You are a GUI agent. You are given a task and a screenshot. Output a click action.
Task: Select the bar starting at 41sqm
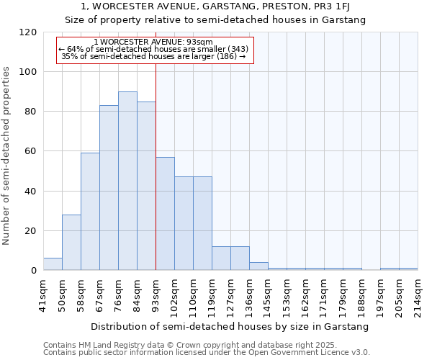point(53,264)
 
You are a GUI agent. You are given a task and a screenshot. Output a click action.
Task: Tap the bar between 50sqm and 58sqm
point(71,243)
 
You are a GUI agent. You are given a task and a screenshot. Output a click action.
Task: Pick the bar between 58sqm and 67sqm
point(90,212)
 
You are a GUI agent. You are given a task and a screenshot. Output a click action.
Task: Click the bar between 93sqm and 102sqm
point(165,214)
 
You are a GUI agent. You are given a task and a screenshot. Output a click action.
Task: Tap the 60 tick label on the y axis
point(30,151)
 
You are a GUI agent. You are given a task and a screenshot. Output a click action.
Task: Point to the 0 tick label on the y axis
point(33,271)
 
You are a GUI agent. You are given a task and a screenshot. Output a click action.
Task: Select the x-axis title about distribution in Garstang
point(230,326)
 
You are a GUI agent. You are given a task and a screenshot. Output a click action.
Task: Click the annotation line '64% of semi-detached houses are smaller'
point(154,49)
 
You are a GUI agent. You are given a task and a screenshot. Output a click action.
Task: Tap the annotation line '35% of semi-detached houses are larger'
point(154,56)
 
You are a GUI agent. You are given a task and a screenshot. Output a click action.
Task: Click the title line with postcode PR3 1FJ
point(215,6)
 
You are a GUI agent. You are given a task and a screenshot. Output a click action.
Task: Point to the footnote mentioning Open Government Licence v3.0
point(207,353)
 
